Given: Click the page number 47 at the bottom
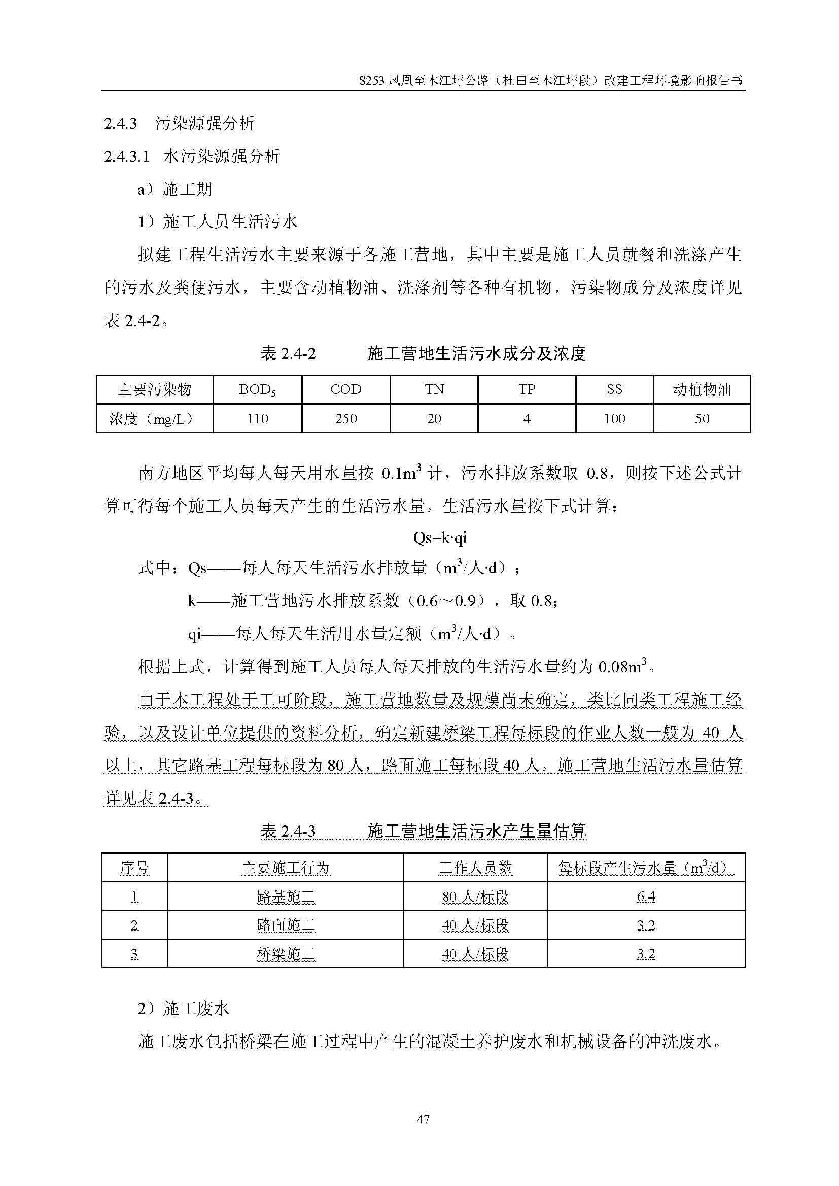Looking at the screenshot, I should click(x=423, y=1119).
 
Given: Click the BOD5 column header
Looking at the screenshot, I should click(x=257, y=390).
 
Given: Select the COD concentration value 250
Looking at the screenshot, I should click(x=345, y=418).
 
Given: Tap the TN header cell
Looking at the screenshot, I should click(x=434, y=389).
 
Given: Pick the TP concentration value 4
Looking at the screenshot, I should click(x=527, y=418).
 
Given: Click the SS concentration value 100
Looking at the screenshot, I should click(x=614, y=418).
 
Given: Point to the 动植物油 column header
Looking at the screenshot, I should click(x=702, y=389).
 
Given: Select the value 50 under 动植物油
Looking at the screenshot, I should click(x=702, y=418).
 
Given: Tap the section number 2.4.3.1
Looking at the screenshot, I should click(x=127, y=156).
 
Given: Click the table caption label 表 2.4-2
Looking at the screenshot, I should click(x=288, y=354).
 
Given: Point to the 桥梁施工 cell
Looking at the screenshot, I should click(x=286, y=954).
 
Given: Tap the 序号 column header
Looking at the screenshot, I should click(x=134, y=868).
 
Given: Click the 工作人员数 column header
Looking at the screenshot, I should click(x=475, y=868).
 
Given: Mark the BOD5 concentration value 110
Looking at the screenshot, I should click(x=257, y=418).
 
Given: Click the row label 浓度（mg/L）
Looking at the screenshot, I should click(x=154, y=418).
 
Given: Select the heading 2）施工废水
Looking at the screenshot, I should click(x=184, y=1008).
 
